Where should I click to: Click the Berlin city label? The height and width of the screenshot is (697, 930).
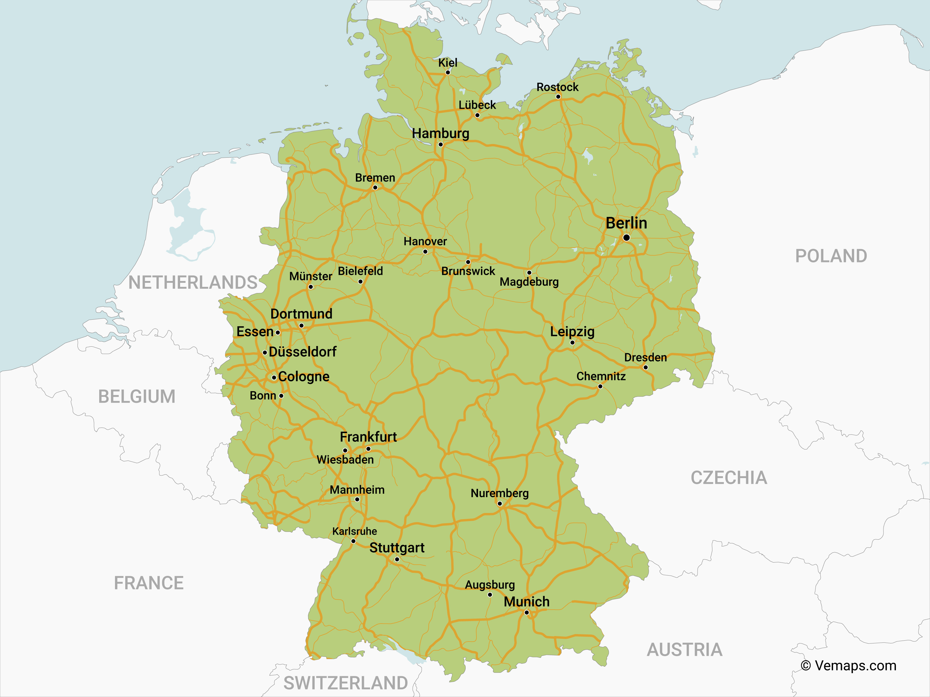626,223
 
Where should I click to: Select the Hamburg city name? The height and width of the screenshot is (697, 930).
440,133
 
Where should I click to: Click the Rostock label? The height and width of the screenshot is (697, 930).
557,87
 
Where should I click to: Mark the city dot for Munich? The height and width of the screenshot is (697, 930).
527,612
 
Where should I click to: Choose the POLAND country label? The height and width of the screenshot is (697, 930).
831,256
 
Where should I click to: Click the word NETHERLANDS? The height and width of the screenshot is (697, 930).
193,282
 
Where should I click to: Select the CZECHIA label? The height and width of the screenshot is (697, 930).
728,478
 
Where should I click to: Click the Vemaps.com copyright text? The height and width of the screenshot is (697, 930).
848,665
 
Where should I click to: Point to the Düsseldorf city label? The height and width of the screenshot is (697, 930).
302,352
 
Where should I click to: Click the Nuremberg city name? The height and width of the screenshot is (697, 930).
499,493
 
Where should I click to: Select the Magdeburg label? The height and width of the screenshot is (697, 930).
529,282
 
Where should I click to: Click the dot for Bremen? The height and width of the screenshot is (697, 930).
375,188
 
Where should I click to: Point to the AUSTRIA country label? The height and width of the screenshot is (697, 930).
684,650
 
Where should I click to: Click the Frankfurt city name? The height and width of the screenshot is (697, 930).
368,437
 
